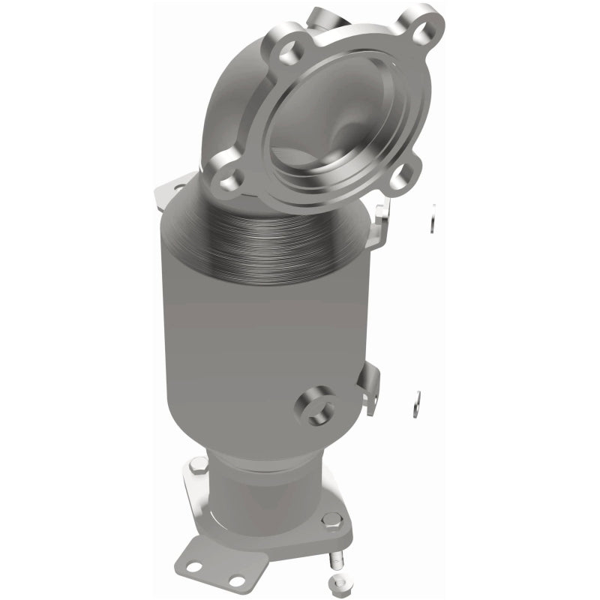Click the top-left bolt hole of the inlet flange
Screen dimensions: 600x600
[286, 52]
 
